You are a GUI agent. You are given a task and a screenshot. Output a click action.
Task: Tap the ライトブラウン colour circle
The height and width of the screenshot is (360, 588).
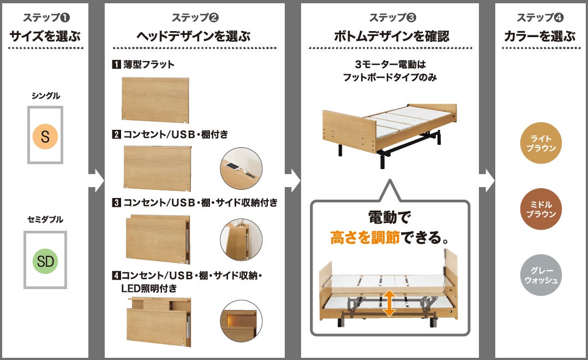pos(541,143)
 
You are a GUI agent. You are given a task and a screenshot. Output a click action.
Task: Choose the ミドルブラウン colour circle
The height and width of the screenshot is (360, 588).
pos(541,209)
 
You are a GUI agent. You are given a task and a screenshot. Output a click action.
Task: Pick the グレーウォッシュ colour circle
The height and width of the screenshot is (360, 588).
pos(541,275)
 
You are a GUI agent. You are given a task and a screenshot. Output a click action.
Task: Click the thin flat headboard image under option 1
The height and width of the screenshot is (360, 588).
pos(155,99)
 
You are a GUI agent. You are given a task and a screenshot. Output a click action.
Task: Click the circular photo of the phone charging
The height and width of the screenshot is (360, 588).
pos(241,169)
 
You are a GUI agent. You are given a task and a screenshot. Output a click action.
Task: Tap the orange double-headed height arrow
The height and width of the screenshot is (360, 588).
pos(389,303)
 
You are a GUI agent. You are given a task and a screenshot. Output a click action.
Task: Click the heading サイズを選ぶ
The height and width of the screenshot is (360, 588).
pos(45,37)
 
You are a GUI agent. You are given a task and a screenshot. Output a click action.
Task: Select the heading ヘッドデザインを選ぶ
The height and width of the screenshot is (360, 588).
pos(194,37)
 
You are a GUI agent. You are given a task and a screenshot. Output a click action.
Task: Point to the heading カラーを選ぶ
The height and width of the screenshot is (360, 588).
pos(540,37)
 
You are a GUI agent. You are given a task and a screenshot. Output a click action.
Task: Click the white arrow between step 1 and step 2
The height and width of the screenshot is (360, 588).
pos(96,181)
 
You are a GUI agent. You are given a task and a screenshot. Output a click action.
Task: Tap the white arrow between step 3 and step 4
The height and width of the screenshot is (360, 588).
pos(487,181)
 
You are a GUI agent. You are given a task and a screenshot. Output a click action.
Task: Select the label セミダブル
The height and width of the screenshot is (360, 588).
pos(45,220)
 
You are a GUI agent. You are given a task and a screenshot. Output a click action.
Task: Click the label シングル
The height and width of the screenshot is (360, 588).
pos(45,95)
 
